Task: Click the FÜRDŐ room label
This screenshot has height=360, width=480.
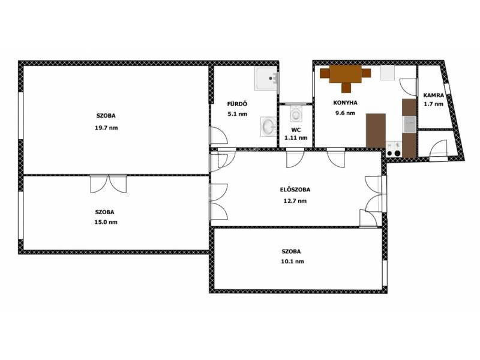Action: coord(237,104)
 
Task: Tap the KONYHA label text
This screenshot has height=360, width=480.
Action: coord(345,103)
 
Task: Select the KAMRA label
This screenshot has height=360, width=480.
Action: coord(433,95)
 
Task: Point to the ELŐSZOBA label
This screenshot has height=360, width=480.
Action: coord(295,190)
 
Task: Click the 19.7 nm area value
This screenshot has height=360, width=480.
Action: coord(106,128)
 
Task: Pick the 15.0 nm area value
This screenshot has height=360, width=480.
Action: coord(106,222)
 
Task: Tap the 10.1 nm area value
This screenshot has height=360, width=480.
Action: coord(293,262)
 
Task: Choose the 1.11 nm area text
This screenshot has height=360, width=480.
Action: coord(296,138)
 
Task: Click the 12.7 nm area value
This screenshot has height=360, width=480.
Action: coord(295,201)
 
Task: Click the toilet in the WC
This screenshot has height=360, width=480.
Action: coord(296,114)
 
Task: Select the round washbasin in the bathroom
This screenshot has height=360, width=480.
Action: coord(268,127)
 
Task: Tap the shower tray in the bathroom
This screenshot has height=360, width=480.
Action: coord(266,79)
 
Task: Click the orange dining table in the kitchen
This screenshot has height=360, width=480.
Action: coord(346,74)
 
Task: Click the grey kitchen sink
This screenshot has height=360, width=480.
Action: coord(409,124)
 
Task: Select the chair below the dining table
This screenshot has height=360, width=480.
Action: coord(346,88)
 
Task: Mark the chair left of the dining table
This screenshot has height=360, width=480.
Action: coord(325,73)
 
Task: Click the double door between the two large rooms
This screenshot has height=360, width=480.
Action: coord(109,184)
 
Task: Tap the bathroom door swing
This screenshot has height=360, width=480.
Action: coord(218,136)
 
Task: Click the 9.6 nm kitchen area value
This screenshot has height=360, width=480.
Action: coord(346,113)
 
